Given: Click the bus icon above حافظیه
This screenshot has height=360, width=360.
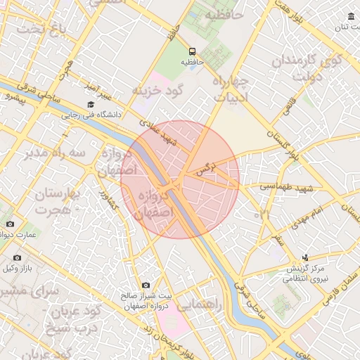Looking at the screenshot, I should pyautogui.click(x=192, y=51).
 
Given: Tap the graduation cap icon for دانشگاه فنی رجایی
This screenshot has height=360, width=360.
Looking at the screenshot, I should pyautogui.click(x=90, y=104).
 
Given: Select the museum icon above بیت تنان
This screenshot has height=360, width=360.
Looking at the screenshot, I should pyautogui.click(x=351, y=17).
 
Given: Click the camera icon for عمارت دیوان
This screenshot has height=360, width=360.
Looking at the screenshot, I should pyautogui.click(x=9, y=224).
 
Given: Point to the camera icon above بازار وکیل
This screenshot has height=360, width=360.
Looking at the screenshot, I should pyautogui.click(x=17, y=258).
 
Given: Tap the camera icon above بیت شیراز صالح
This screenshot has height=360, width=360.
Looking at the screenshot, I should pyautogui.click(x=146, y=285).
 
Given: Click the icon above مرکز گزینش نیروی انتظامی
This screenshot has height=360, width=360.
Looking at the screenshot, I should pyautogui.click(x=305, y=258).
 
